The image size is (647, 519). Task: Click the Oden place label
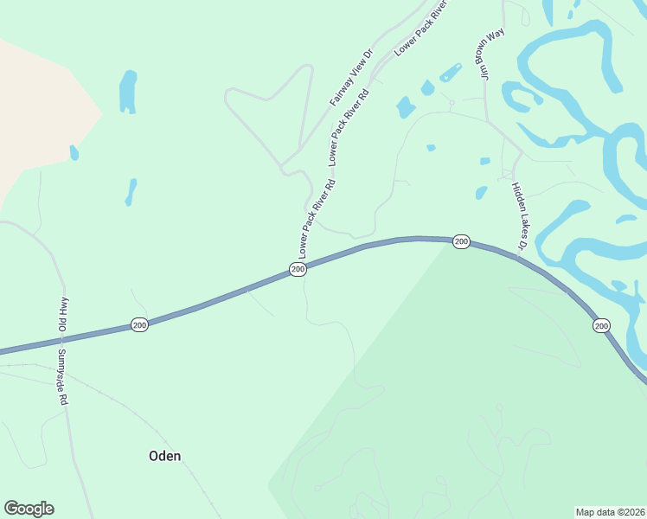point(164,456)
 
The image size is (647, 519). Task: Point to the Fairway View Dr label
point(350,78)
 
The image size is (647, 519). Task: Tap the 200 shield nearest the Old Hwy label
point(139,324)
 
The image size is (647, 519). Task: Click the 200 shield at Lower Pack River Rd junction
point(298,270)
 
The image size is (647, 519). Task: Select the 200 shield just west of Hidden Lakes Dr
point(461,241)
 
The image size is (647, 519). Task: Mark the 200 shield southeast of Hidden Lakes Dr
point(601,325)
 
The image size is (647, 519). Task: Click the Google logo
point(29,509)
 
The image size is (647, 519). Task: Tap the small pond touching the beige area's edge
point(74,153)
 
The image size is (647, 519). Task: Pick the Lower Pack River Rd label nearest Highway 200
point(317,219)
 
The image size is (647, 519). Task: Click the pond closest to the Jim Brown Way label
point(451,72)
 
